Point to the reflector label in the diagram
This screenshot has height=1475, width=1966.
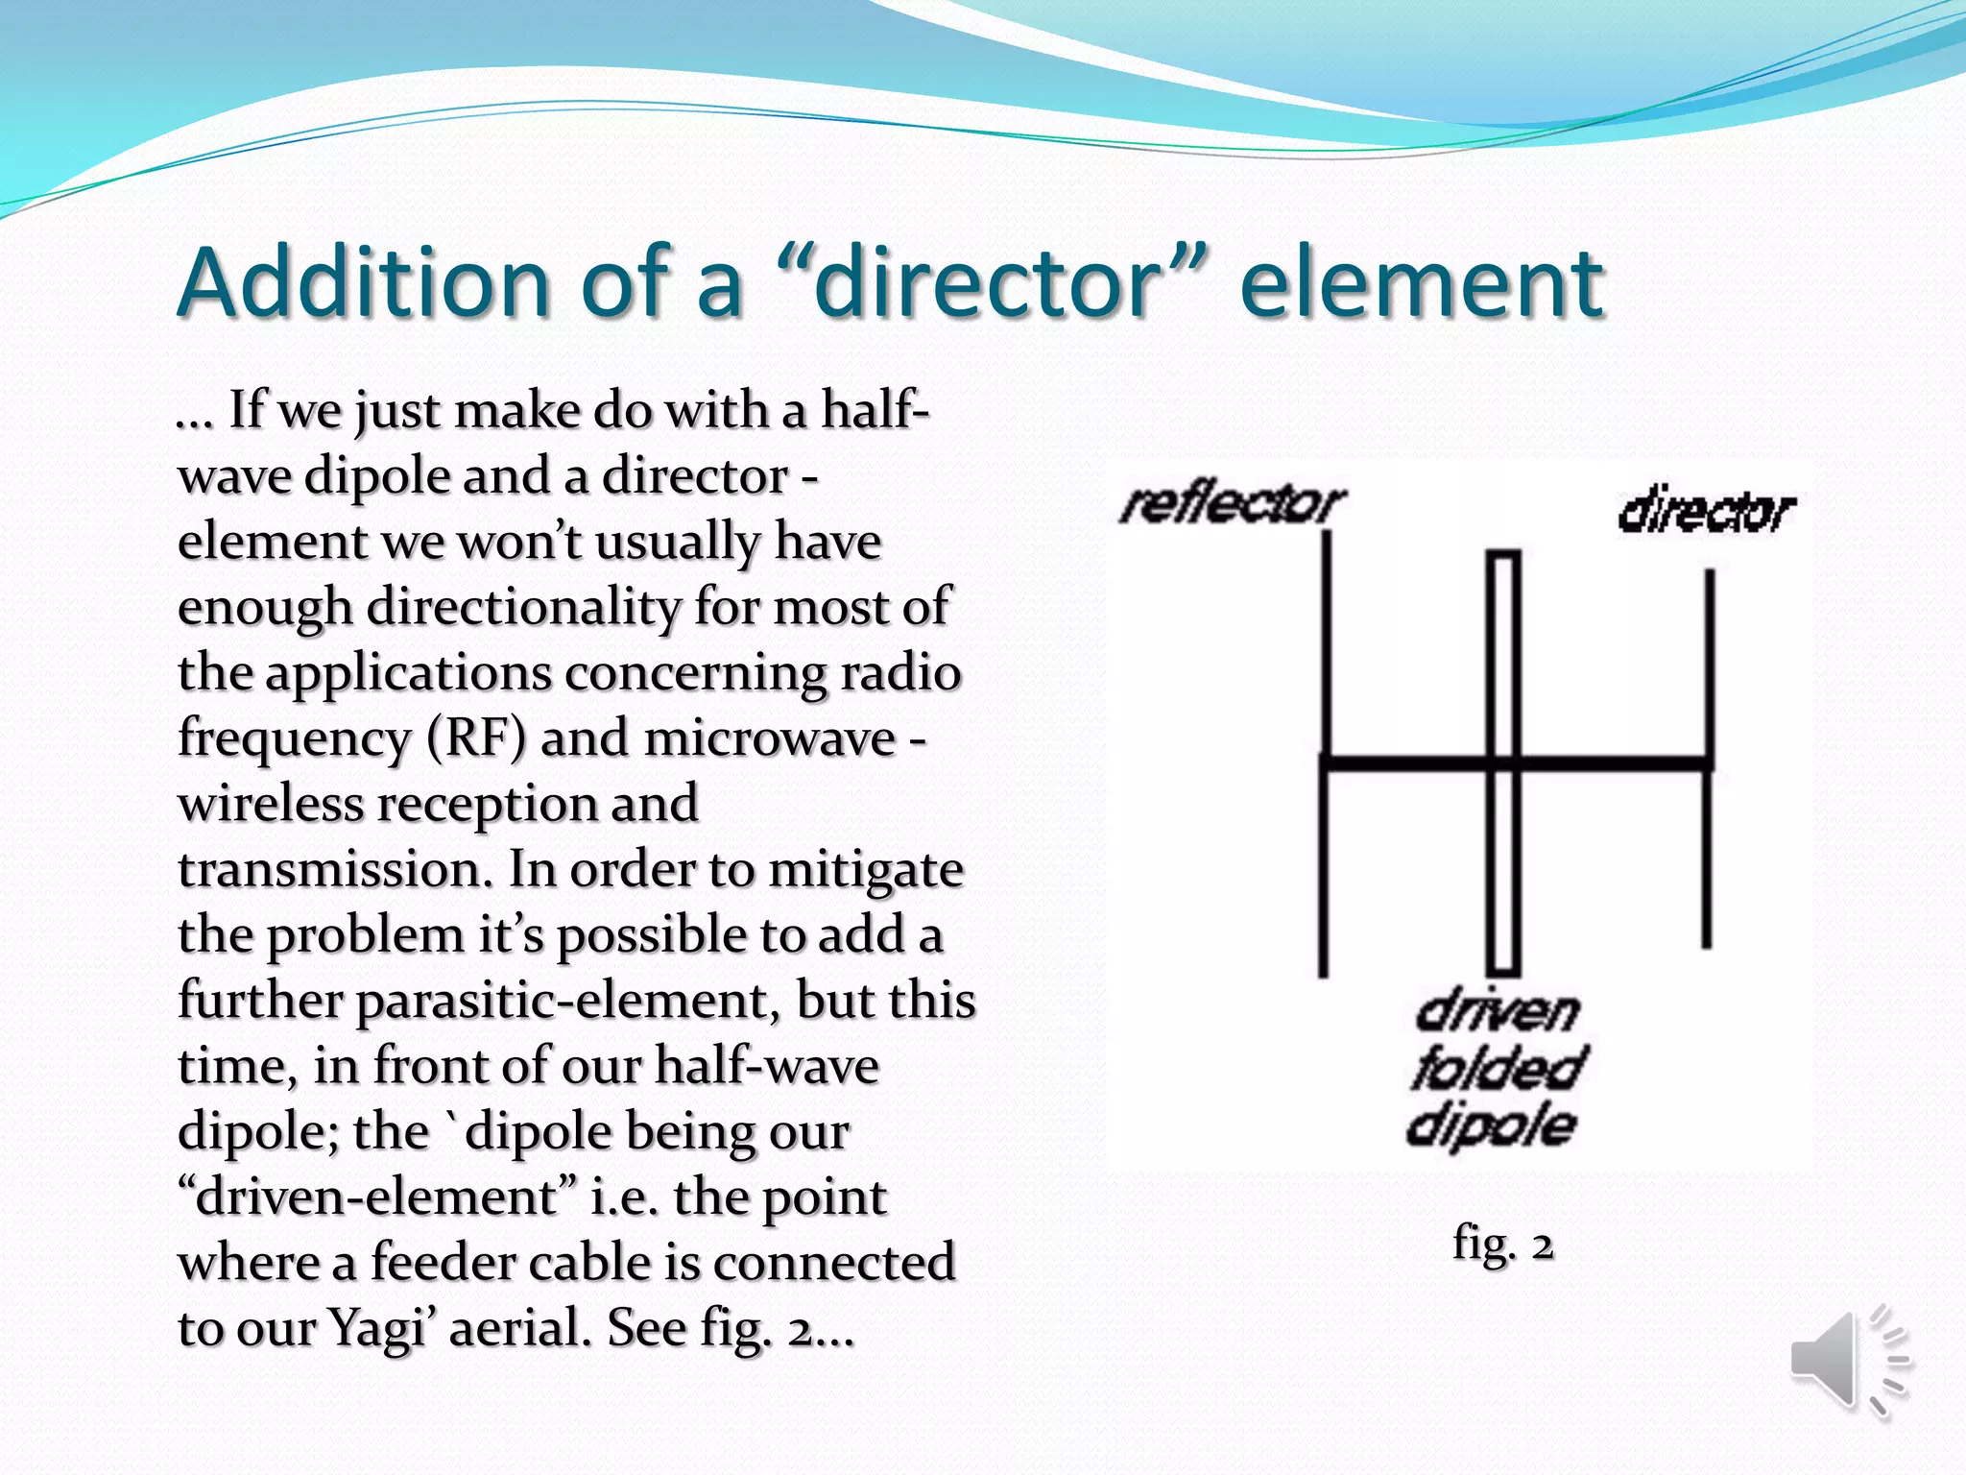(1233, 505)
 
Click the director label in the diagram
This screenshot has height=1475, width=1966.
(1706, 513)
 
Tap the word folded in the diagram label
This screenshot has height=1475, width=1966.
(1498, 1068)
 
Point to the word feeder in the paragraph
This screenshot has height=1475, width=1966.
(443, 1263)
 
